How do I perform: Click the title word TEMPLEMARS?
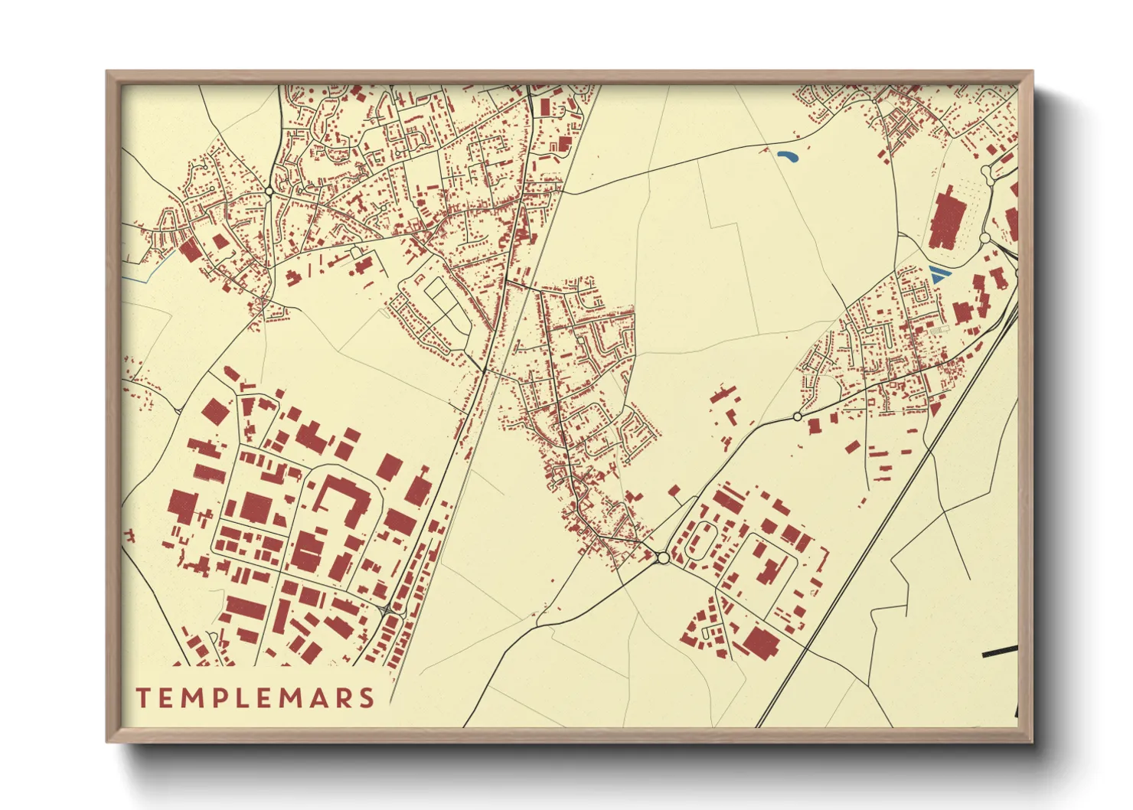pyautogui.click(x=255, y=697)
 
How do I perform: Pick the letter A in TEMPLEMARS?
pyautogui.click(x=318, y=697)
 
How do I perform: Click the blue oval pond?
pyautogui.click(x=786, y=157)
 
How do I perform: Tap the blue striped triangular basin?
pyautogui.click(x=937, y=274)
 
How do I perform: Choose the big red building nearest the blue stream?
pyautogui.click(x=188, y=250)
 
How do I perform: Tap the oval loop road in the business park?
pyautogui.click(x=698, y=541)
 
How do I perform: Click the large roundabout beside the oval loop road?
pyautogui.click(x=662, y=558)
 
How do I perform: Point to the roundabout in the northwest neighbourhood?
pyautogui.click(x=269, y=191)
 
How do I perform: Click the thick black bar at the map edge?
pyautogui.click(x=999, y=652)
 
